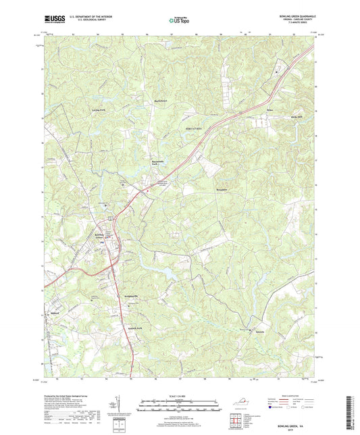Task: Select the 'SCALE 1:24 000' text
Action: tap(179, 396)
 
